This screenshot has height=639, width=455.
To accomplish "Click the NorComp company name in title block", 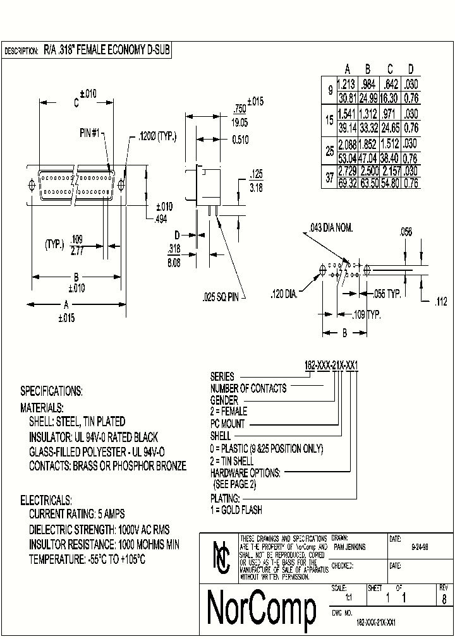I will (262, 607).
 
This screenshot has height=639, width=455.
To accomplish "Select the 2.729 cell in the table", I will (346, 172).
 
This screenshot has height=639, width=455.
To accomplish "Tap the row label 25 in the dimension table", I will (329, 152).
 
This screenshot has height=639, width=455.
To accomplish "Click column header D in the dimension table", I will (411, 69).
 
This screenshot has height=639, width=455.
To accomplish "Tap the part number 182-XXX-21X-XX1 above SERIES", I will (332, 366).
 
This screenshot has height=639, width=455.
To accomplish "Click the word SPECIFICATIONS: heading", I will (51, 391).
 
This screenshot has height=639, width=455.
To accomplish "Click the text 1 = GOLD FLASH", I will (236, 510).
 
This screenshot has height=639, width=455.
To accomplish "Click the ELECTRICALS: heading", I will (46, 499).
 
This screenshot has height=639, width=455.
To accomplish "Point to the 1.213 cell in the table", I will (346, 83).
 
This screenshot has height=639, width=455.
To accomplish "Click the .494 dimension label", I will (161, 218).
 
